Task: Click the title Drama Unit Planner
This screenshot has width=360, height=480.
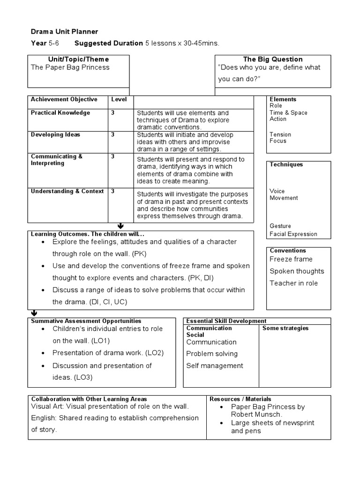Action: [x=64, y=31]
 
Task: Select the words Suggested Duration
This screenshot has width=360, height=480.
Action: [x=108, y=43]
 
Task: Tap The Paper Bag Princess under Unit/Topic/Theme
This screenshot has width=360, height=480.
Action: [x=70, y=67]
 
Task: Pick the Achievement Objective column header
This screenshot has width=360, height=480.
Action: [x=64, y=99]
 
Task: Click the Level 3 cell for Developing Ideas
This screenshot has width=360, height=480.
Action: [x=113, y=135]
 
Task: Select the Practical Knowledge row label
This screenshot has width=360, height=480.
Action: [x=60, y=112]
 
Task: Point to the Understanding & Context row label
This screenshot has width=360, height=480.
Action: [x=67, y=191]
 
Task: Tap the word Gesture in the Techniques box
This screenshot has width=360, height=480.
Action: [x=280, y=225]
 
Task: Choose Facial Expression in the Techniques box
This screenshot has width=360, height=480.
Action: [x=293, y=234]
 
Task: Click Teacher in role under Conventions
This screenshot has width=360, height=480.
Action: [x=293, y=283]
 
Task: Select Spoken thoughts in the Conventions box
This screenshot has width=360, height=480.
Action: [x=297, y=271]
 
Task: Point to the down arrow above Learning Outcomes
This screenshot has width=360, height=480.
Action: [x=121, y=226]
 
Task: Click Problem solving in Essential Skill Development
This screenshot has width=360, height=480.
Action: [x=212, y=353]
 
